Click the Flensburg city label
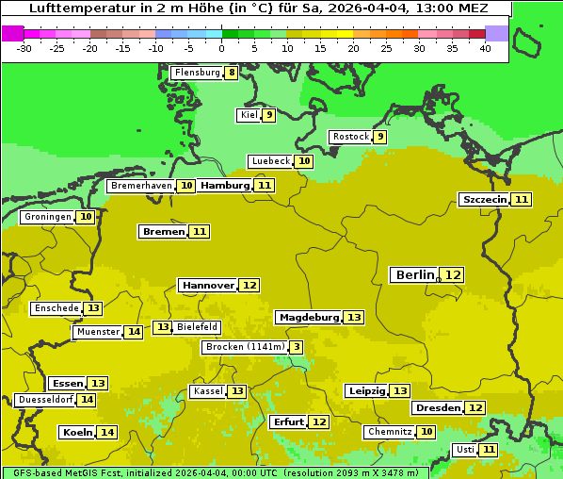tap(197, 73)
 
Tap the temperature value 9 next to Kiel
tap(269, 115)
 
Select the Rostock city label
tap(351, 137)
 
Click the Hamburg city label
tap(225, 186)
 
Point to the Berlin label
tap(415, 274)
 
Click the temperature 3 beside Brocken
tap(297, 347)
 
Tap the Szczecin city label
tap(484, 199)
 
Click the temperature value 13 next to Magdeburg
tap(354, 317)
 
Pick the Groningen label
tap(47, 217)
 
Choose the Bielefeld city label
tap(198, 327)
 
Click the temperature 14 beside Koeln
tap(107, 432)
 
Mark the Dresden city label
tap(437, 408)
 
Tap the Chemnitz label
tap(389, 432)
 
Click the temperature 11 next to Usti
tap(489, 450)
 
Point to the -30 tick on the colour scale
tap(24, 48)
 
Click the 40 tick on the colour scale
tap(485, 48)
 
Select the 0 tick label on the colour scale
tap(221, 48)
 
